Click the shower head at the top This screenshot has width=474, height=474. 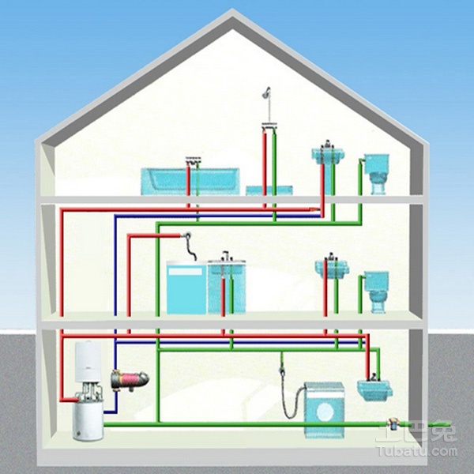[x=267, y=92]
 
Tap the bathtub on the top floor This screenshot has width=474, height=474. [x=190, y=182]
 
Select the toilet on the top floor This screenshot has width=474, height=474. [x=376, y=174]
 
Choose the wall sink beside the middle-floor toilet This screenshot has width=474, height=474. [x=332, y=269]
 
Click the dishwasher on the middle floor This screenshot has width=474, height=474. [x=186, y=288]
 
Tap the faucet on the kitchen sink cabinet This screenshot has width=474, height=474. [x=226, y=256]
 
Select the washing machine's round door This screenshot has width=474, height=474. [x=324, y=411]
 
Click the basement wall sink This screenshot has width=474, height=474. [x=374, y=390]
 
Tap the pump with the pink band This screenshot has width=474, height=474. [x=130, y=380]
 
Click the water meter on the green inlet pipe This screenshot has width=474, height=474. [x=393, y=424]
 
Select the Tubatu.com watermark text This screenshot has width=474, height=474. [x=418, y=452]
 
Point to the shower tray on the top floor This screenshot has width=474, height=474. [x=269, y=190]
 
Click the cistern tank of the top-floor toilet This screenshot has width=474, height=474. [x=376, y=164]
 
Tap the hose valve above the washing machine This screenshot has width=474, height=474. [x=282, y=370]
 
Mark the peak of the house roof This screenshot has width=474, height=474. [x=232, y=10]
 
